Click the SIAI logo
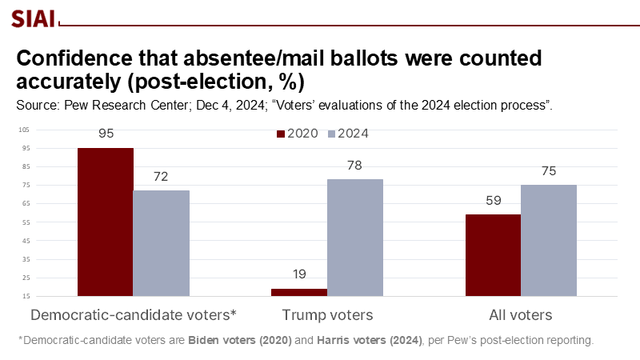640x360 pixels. [33, 18]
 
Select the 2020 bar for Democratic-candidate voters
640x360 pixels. [105, 222]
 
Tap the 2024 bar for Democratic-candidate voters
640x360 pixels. [162, 243]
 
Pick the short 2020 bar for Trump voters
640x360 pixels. [299, 292]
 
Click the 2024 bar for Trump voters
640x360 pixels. [355, 238]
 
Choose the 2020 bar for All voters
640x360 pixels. [493, 255]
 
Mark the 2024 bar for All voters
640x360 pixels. [549, 240]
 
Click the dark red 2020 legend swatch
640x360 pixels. [281, 134]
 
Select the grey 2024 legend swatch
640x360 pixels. [333, 134]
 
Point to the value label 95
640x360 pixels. [106, 133]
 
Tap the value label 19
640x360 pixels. [299, 274]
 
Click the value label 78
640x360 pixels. [355, 165]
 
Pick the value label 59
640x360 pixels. [493, 200]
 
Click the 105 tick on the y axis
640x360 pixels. [23, 130]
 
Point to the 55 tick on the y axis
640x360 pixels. [24, 222]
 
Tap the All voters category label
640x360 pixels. [521, 314]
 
